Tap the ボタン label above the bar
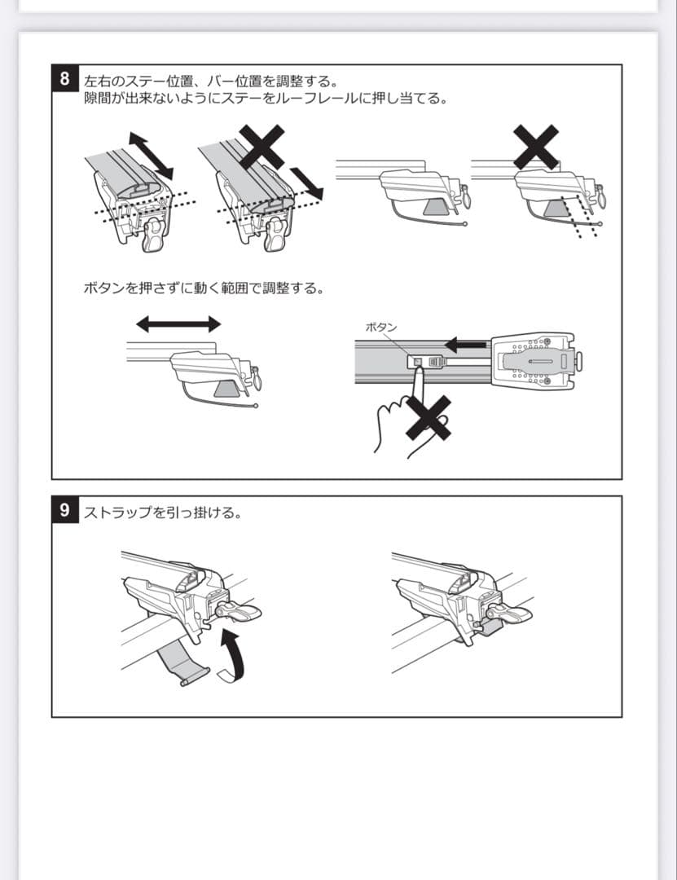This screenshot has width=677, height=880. [x=382, y=327]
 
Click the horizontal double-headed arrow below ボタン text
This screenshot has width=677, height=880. [x=178, y=324]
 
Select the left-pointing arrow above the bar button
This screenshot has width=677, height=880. [x=465, y=345]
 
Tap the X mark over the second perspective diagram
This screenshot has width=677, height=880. [x=261, y=147]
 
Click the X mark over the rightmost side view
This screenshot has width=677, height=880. [x=535, y=147]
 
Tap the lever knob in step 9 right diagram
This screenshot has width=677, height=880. [x=512, y=614]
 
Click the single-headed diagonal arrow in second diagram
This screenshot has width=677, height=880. [x=306, y=183]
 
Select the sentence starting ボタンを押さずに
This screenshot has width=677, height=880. [x=204, y=288]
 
